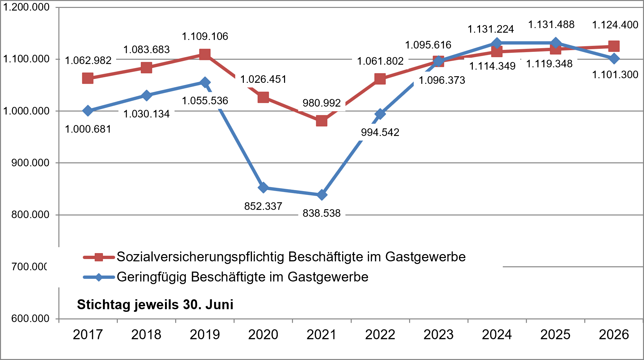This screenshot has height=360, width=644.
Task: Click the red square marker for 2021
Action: coord(322,121)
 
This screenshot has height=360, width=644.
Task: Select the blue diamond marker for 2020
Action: coord(263,188)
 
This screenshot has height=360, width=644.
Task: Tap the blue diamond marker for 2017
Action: coord(88,111)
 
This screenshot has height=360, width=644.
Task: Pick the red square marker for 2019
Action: coord(205,54)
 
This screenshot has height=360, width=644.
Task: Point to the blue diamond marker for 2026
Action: coord(614,59)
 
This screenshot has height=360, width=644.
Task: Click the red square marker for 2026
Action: coord(614,46)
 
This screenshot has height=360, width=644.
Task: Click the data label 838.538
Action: coord(322,213)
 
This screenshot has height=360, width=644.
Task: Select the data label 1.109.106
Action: coord(205,36)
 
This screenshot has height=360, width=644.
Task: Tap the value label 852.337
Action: coord(263,206)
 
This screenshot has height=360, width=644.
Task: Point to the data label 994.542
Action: coord(380,132)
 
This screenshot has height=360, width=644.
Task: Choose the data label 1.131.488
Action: coord(551,24)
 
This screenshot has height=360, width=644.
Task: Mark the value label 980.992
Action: coord(322,103)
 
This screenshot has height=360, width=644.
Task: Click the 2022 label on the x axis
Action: coord(380,335)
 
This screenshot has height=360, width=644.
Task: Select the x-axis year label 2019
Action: coord(205,335)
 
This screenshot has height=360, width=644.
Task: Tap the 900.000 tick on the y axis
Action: coord(30,163)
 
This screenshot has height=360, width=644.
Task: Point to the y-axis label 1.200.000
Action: coord(26,7)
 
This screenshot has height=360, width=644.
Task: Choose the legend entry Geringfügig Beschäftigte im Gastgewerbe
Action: coord(226,277)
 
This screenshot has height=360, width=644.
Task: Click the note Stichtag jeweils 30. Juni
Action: coord(155,305)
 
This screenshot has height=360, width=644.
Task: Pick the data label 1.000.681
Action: coord(88,129)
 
